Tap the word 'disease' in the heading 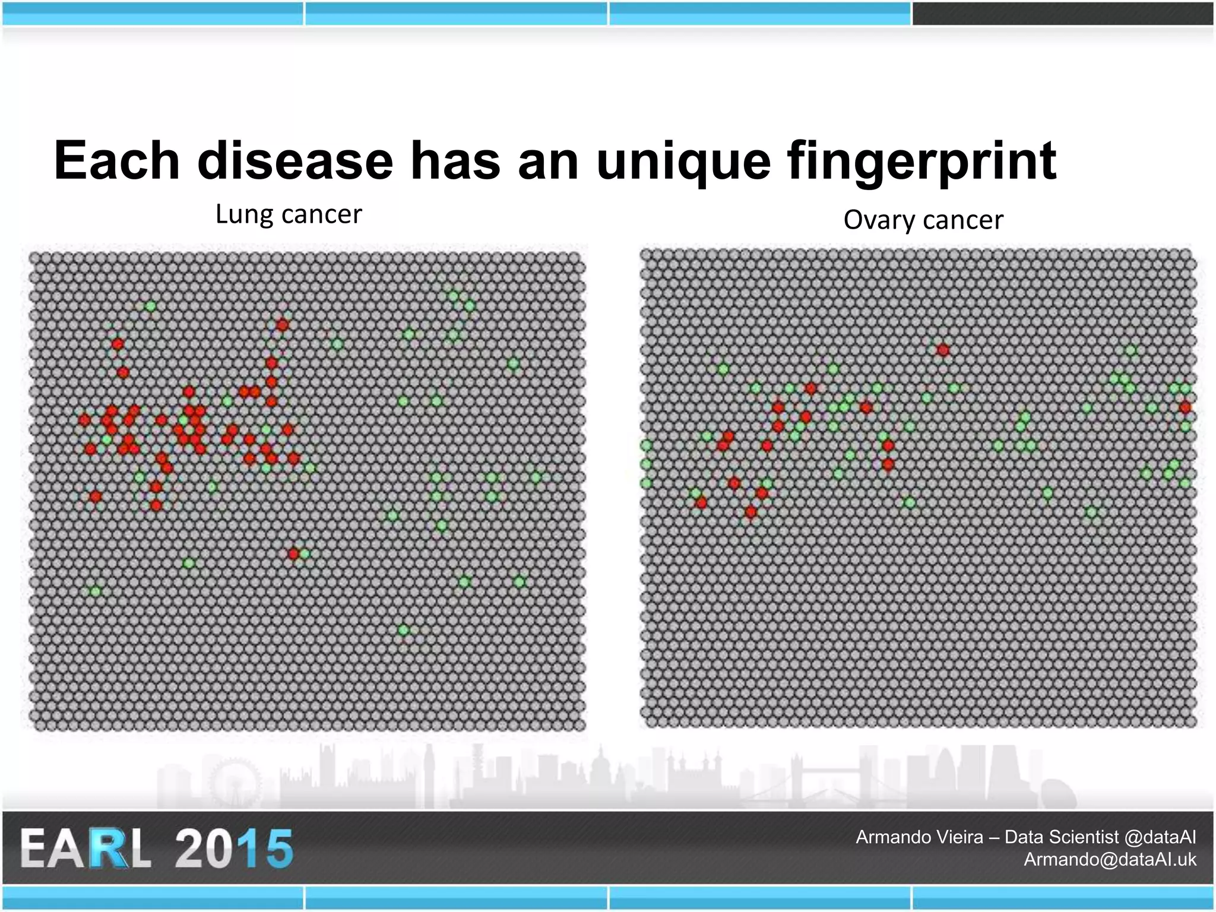click(x=295, y=161)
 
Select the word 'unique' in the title click(x=683, y=161)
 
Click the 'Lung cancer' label click(x=289, y=214)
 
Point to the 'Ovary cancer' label click(x=923, y=220)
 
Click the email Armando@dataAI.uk click(x=1110, y=859)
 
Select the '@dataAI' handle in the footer click(x=1160, y=837)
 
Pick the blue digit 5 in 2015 click(x=275, y=848)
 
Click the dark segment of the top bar click(x=1063, y=13)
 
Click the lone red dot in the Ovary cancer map click(x=943, y=350)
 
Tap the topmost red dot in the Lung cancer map click(x=282, y=325)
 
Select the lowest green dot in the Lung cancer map click(x=404, y=629)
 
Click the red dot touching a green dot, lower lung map click(x=293, y=554)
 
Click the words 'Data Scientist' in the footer click(x=1062, y=837)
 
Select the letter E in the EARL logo click(x=37, y=848)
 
